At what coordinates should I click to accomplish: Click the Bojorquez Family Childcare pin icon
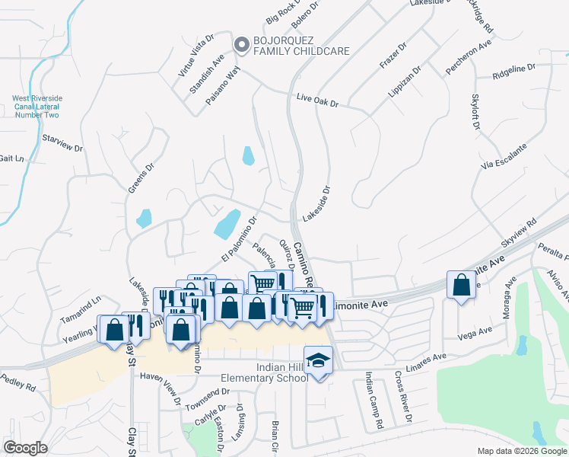pos(241,45)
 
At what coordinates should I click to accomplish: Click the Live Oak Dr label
pos(317,101)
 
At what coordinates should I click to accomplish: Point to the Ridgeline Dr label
pos(513,71)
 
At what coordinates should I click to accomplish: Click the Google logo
pos(25,448)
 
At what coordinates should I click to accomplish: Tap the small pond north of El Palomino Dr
pos(248,155)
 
